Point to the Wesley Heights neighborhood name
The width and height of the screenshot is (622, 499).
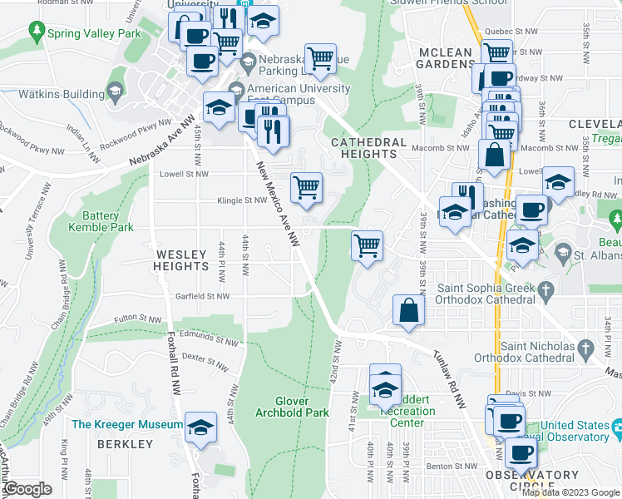[180, 259]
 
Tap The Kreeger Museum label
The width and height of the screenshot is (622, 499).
[126, 425]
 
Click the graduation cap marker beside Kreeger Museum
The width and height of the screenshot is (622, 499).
[200, 427]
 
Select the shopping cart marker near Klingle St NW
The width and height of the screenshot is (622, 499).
[306, 188]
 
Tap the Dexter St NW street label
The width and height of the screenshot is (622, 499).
[205, 362]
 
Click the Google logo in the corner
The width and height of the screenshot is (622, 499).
[27, 489]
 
